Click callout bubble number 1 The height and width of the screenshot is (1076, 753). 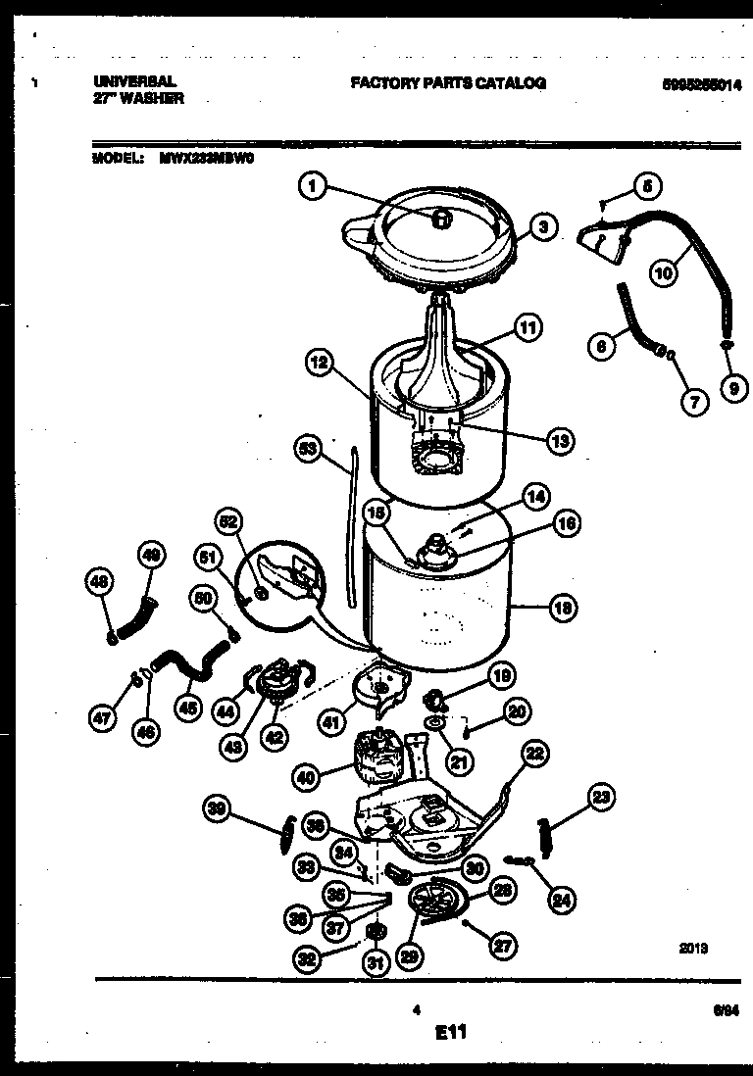pyautogui.click(x=312, y=185)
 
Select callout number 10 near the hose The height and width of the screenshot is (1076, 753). pyautogui.click(x=664, y=274)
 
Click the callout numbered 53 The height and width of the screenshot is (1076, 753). pyautogui.click(x=310, y=450)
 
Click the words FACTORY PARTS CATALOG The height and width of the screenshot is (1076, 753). pyautogui.click(x=448, y=84)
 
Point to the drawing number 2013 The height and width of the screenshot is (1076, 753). pyautogui.click(x=693, y=949)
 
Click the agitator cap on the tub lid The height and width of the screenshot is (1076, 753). pyautogui.click(x=440, y=218)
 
